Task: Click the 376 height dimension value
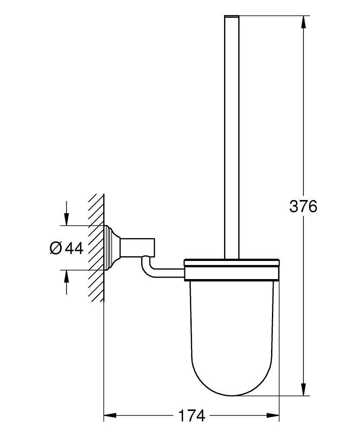coord(303,206)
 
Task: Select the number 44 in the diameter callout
coord(74,248)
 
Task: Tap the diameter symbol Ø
coord(56,248)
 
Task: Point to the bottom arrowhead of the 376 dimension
coord(304,391)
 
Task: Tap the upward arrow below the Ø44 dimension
coord(66,276)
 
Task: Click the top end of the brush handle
coord(232,17)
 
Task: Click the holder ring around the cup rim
coord(232,270)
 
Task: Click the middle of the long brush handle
coord(232,138)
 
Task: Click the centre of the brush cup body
coord(232,328)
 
